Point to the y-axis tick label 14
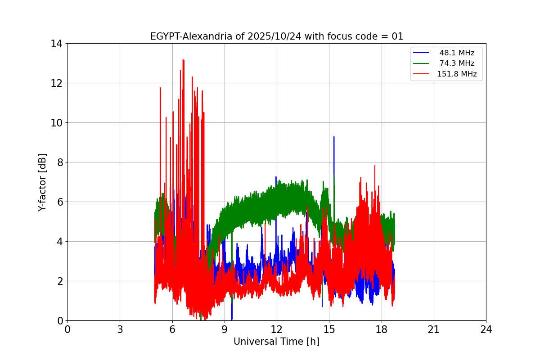(x=56, y=44)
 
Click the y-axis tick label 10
(x=56, y=123)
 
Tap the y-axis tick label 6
(x=59, y=202)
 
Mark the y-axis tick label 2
(x=59, y=281)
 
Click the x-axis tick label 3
(x=120, y=330)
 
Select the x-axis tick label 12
(x=277, y=330)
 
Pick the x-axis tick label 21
(x=434, y=330)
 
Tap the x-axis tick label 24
(x=486, y=330)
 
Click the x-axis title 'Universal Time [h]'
(x=276, y=342)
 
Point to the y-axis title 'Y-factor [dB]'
(x=42, y=182)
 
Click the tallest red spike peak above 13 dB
(x=183, y=60)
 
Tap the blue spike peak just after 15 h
(x=334, y=137)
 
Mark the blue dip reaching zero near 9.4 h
(x=231, y=319)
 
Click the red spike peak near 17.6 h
(x=374, y=166)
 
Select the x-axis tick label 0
(x=67, y=330)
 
